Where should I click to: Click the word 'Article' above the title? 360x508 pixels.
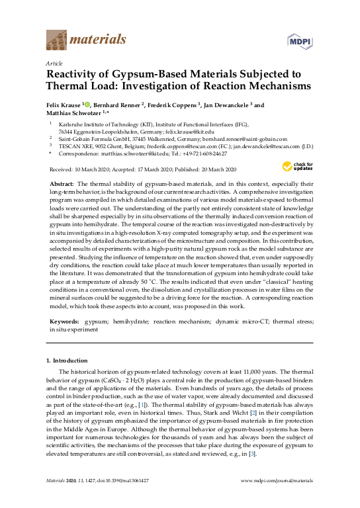pyautogui.click(x=54, y=63)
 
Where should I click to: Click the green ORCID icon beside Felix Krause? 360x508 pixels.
pyautogui.click(x=87, y=105)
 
